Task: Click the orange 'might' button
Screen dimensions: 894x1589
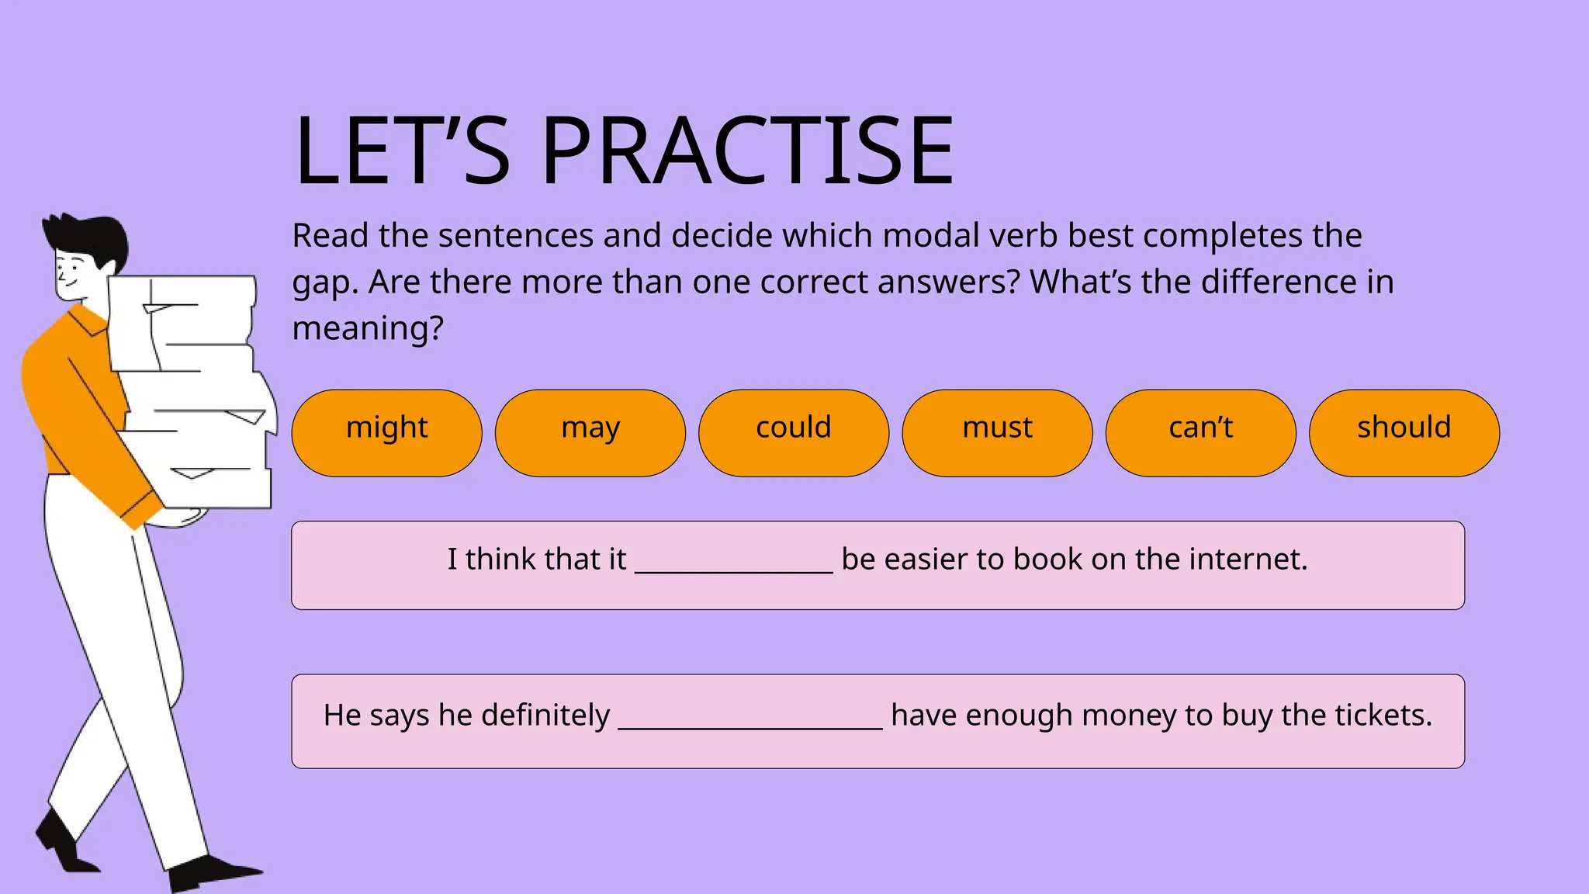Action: (386, 432)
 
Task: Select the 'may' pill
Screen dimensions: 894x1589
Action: (590, 432)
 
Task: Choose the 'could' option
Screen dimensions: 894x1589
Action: (793, 432)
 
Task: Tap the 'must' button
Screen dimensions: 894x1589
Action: (997, 432)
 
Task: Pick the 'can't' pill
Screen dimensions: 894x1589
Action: (1200, 432)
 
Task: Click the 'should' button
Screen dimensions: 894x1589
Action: (1404, 432)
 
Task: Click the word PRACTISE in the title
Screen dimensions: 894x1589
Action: (746, 151)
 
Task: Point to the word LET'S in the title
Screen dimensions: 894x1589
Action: (402, 151)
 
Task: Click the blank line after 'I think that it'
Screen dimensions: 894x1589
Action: (733, 563)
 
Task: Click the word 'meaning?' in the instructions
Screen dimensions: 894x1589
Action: (368, 328)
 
